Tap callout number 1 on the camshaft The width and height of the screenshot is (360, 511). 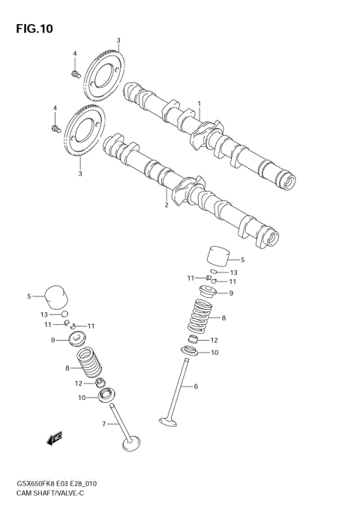click(199, 104)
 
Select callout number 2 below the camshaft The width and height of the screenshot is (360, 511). click(166, 203)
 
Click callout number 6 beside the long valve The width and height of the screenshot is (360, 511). click(196, 386)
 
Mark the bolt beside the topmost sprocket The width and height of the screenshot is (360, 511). click(75, 73)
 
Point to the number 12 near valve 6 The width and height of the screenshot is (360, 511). click(214, 340)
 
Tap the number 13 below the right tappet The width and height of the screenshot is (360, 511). click(233, 272)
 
